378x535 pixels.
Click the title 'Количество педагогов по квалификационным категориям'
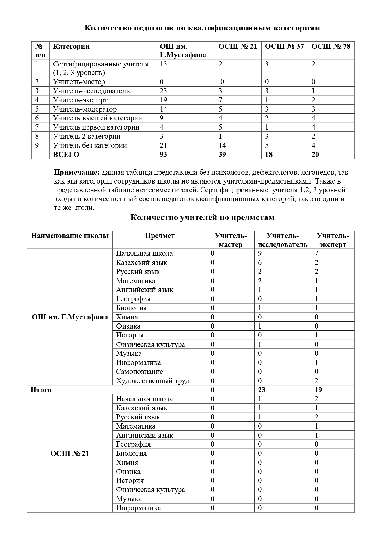pyautogui.click(x=202, y=28)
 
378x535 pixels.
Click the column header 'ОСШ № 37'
pyautogui.click(x=284, y=46)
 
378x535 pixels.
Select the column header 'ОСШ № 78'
pyautogui.click(x=331, y=46)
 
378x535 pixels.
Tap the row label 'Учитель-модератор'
pyautogui.click(x=85, y=109)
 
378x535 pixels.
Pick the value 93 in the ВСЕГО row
pyautogui.click(x=163, y=155)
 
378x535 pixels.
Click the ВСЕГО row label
pyautogui.click(x=66, y=155)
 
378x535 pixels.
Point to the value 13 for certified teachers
pyautogui.click(x=163, y=64)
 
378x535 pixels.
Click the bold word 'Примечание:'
pyautogui.click(x=77, y=173)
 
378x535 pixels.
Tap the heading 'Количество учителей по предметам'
pyautogui.click(x=202, y=218)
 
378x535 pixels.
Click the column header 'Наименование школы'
pyautogui.click(x=70, y=236)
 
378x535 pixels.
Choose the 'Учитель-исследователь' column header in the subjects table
pyautogui.click(x=283, y=240)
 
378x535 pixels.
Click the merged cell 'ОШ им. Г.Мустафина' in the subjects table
pyautogui.click(x=70, y=317)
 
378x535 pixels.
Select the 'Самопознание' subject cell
pyautogui.click(x=139, y=372)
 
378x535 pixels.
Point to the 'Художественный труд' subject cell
pyautogui.click(x=152, y=381)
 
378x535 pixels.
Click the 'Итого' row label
pyautogui.click(x=41, y=390)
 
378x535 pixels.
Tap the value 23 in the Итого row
pyautogui.click(x=262, y=390)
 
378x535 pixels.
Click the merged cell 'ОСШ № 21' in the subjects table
pyautogui.click(x=70, y=454)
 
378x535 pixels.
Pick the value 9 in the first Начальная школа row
pyautogui.click(x=260, y=254)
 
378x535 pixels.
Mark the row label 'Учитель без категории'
pyautogui.click(x=90, y=145)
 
